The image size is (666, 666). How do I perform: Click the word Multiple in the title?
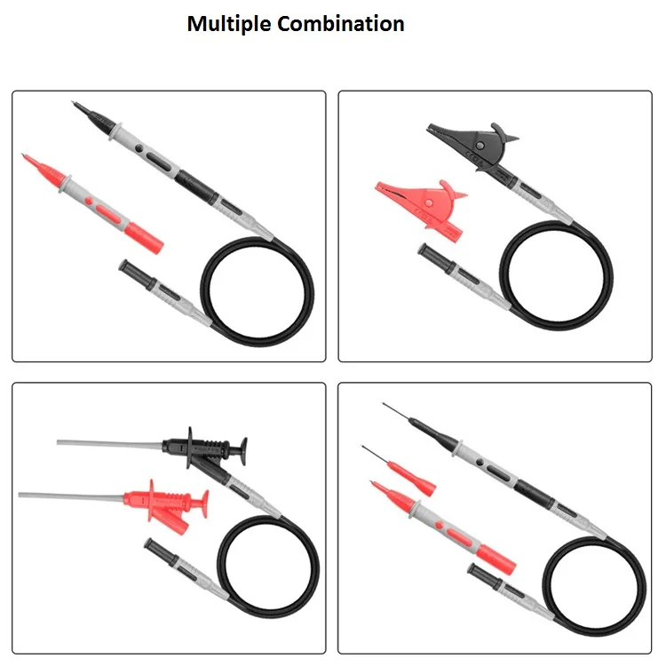coord(229,24)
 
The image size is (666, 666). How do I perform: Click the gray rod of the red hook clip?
coord(71,495)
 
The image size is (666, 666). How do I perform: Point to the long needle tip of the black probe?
coord(408,416)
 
